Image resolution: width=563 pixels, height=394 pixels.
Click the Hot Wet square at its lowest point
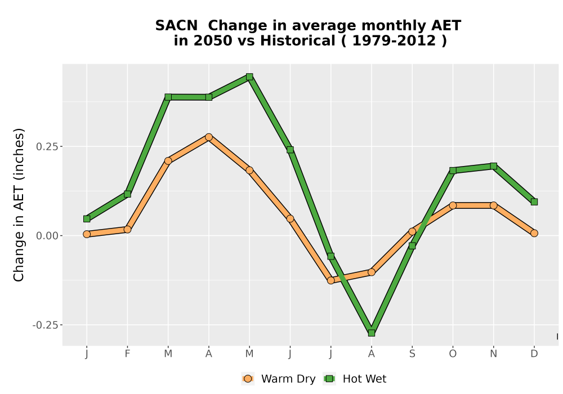(371, 333)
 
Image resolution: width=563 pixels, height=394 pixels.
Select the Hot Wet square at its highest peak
(249, 77)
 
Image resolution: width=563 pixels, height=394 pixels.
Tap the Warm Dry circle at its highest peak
(209, 137)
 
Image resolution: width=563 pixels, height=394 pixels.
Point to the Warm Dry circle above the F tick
(127, 229)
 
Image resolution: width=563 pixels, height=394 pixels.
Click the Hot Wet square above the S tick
(412, 246)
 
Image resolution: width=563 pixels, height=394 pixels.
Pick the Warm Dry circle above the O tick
(453, 205)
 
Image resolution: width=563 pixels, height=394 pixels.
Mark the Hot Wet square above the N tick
(493, 166)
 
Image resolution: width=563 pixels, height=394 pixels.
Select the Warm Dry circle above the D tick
(534, 233)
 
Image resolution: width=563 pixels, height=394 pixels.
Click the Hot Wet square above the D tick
(534, 202)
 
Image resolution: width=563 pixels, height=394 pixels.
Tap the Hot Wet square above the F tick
(127, 194)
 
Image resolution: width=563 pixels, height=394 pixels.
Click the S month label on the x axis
(412, 354)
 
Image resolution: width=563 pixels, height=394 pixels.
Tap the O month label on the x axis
(453, 354)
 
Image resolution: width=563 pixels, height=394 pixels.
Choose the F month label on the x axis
(127, 354)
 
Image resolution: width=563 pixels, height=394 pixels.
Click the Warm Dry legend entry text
(288, 379)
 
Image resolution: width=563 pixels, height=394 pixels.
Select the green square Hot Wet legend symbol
(329, 379)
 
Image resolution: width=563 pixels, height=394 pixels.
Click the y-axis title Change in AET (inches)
(19, 205)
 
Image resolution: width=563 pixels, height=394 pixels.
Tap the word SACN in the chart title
(176, 26)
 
